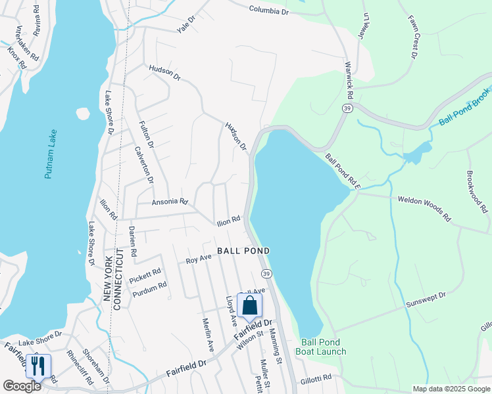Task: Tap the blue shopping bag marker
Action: point(250,306)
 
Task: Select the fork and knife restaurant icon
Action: point(37,366)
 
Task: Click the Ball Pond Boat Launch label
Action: point(323,347)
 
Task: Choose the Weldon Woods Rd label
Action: point(424,208)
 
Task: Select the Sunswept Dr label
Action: point(426,300)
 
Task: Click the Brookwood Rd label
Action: point(477,192)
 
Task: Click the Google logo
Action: point(22,386)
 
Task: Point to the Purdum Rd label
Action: point(149,289)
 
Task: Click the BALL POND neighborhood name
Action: point(243,251)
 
